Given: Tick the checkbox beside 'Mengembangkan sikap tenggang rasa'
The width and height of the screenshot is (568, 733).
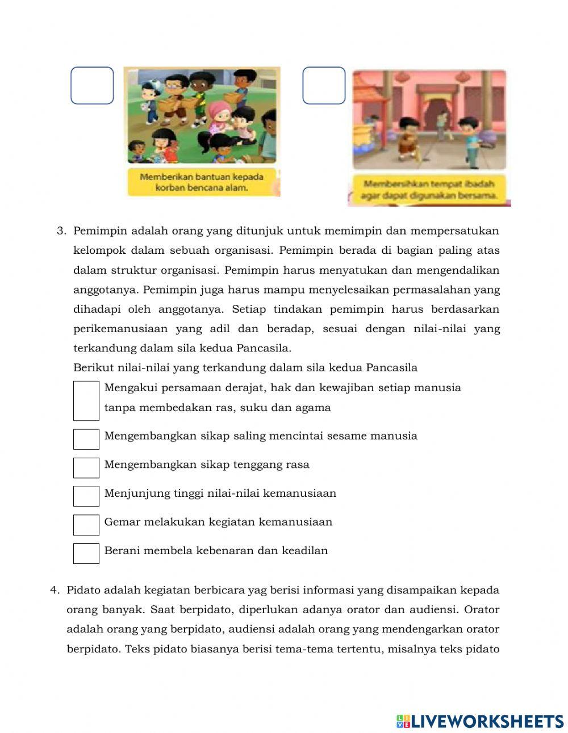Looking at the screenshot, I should click(86, 468).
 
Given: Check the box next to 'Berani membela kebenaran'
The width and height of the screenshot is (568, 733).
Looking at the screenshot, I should click(86, 554).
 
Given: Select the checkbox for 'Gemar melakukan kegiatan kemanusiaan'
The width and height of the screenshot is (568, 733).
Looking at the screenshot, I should click(86, 525).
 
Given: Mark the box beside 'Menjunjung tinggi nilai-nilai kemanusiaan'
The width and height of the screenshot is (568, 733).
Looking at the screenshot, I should click(86, 496).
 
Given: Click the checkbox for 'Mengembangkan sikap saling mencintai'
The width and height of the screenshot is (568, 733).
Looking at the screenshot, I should click(86, 439).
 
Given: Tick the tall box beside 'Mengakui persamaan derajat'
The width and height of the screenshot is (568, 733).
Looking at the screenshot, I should click(86, 400).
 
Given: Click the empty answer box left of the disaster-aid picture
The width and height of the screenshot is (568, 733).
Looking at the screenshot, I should click(92, 86).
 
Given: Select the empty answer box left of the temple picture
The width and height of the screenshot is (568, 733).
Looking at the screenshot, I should click(324, 86).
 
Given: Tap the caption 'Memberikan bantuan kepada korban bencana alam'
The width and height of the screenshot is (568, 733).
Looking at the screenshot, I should click(202, 182).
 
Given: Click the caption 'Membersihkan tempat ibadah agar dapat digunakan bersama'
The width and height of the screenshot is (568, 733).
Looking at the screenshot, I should click(429, 190).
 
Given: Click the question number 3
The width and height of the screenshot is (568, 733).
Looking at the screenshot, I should click(61, 231).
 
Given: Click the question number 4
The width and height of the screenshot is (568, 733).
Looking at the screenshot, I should click(55, 590).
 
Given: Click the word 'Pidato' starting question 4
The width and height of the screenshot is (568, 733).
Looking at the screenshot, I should click(83, 590).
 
